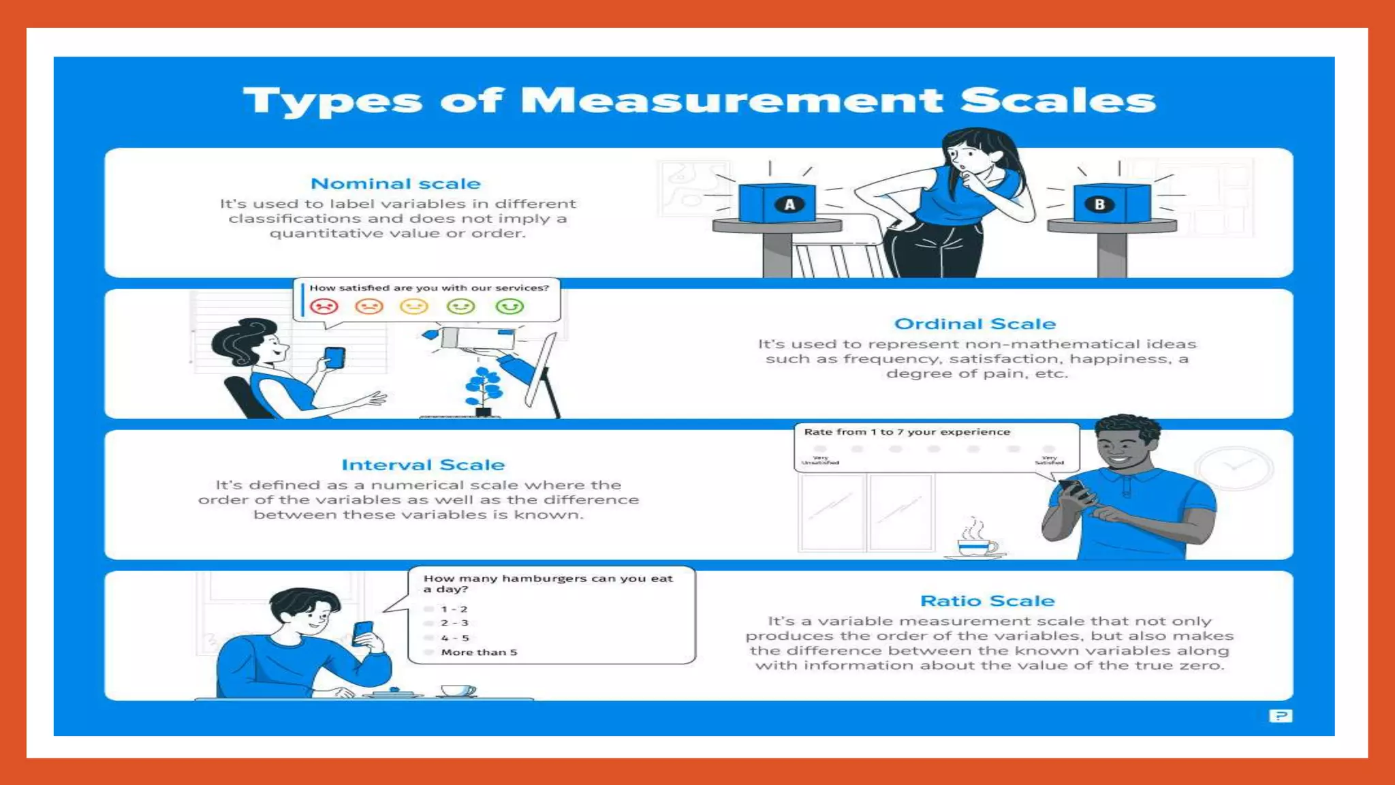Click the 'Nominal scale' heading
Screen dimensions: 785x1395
pyautogui.click(x=395, y=183)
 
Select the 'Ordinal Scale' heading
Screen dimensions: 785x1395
pyautogui.click(x=975, y=324)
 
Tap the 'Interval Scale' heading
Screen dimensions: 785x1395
pyautogui.click(x=423, y=465)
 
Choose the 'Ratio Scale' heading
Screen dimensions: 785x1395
pyautogui.click(x=987, y=600)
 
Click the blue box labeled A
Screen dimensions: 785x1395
pyautogui.click(x=777, y=203)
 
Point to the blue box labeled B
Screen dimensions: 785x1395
pyautogui.click(x=1111, y=203)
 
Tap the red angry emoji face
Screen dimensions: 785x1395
pyautogui.click(x=324, y=306)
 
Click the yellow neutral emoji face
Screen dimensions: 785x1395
pyautogui.click(x=414, y=306)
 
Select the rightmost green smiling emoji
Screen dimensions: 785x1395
pyautogui.click(x=510, y=306)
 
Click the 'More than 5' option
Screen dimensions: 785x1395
pyautogui.click(x=478, y=652)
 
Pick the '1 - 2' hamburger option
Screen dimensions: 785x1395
pyautogui.click(x=454, y=609)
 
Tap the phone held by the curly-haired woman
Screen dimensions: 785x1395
pyautogui.click(x=334, y=357)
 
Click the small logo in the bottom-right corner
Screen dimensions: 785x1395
pyautogui.click(x=1280, y=715)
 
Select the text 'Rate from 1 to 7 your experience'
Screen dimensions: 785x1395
pyautogui.click(x=907, y=432)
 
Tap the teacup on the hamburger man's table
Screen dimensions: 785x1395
pyautogui.click(x=458, y=691)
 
